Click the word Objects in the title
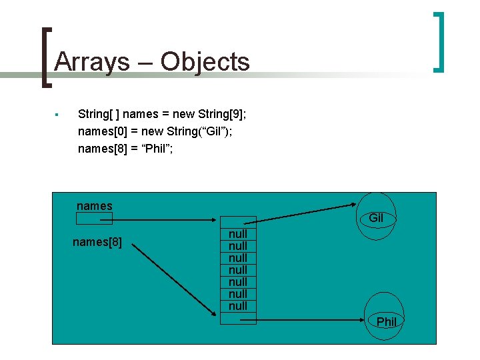[205, 62]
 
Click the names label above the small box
[95, 206]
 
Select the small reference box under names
[94, 218]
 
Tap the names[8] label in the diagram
[97, 241]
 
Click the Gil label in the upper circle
[376, 218]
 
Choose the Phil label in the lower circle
[387, 322]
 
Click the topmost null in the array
[238, 234]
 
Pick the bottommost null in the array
[238, 306]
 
